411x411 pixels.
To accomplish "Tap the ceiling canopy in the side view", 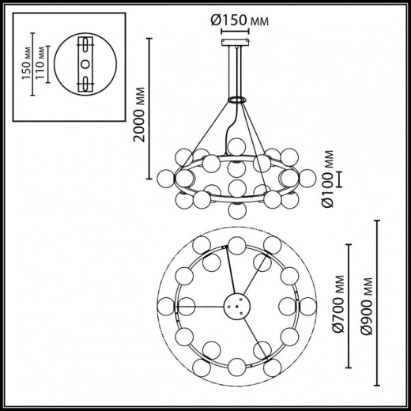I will point(236,43).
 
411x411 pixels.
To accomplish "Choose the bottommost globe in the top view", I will point(235,371).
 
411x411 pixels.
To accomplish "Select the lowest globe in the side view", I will point(235,209).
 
